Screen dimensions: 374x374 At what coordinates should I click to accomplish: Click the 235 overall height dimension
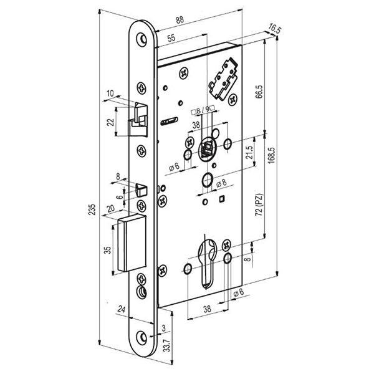[92, 209]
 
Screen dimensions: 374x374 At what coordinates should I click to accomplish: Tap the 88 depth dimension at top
[180, 20]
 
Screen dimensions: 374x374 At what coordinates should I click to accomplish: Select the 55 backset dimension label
[171, 38]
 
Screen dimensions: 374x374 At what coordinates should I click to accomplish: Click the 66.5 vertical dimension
[259, 92]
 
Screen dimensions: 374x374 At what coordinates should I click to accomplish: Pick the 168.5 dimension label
[271, 155]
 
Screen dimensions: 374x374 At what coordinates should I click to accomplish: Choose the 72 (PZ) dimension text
[259, 205]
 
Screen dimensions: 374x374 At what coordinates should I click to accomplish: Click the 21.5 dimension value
[249, 153]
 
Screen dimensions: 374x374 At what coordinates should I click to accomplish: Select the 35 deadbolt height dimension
[108, 250]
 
